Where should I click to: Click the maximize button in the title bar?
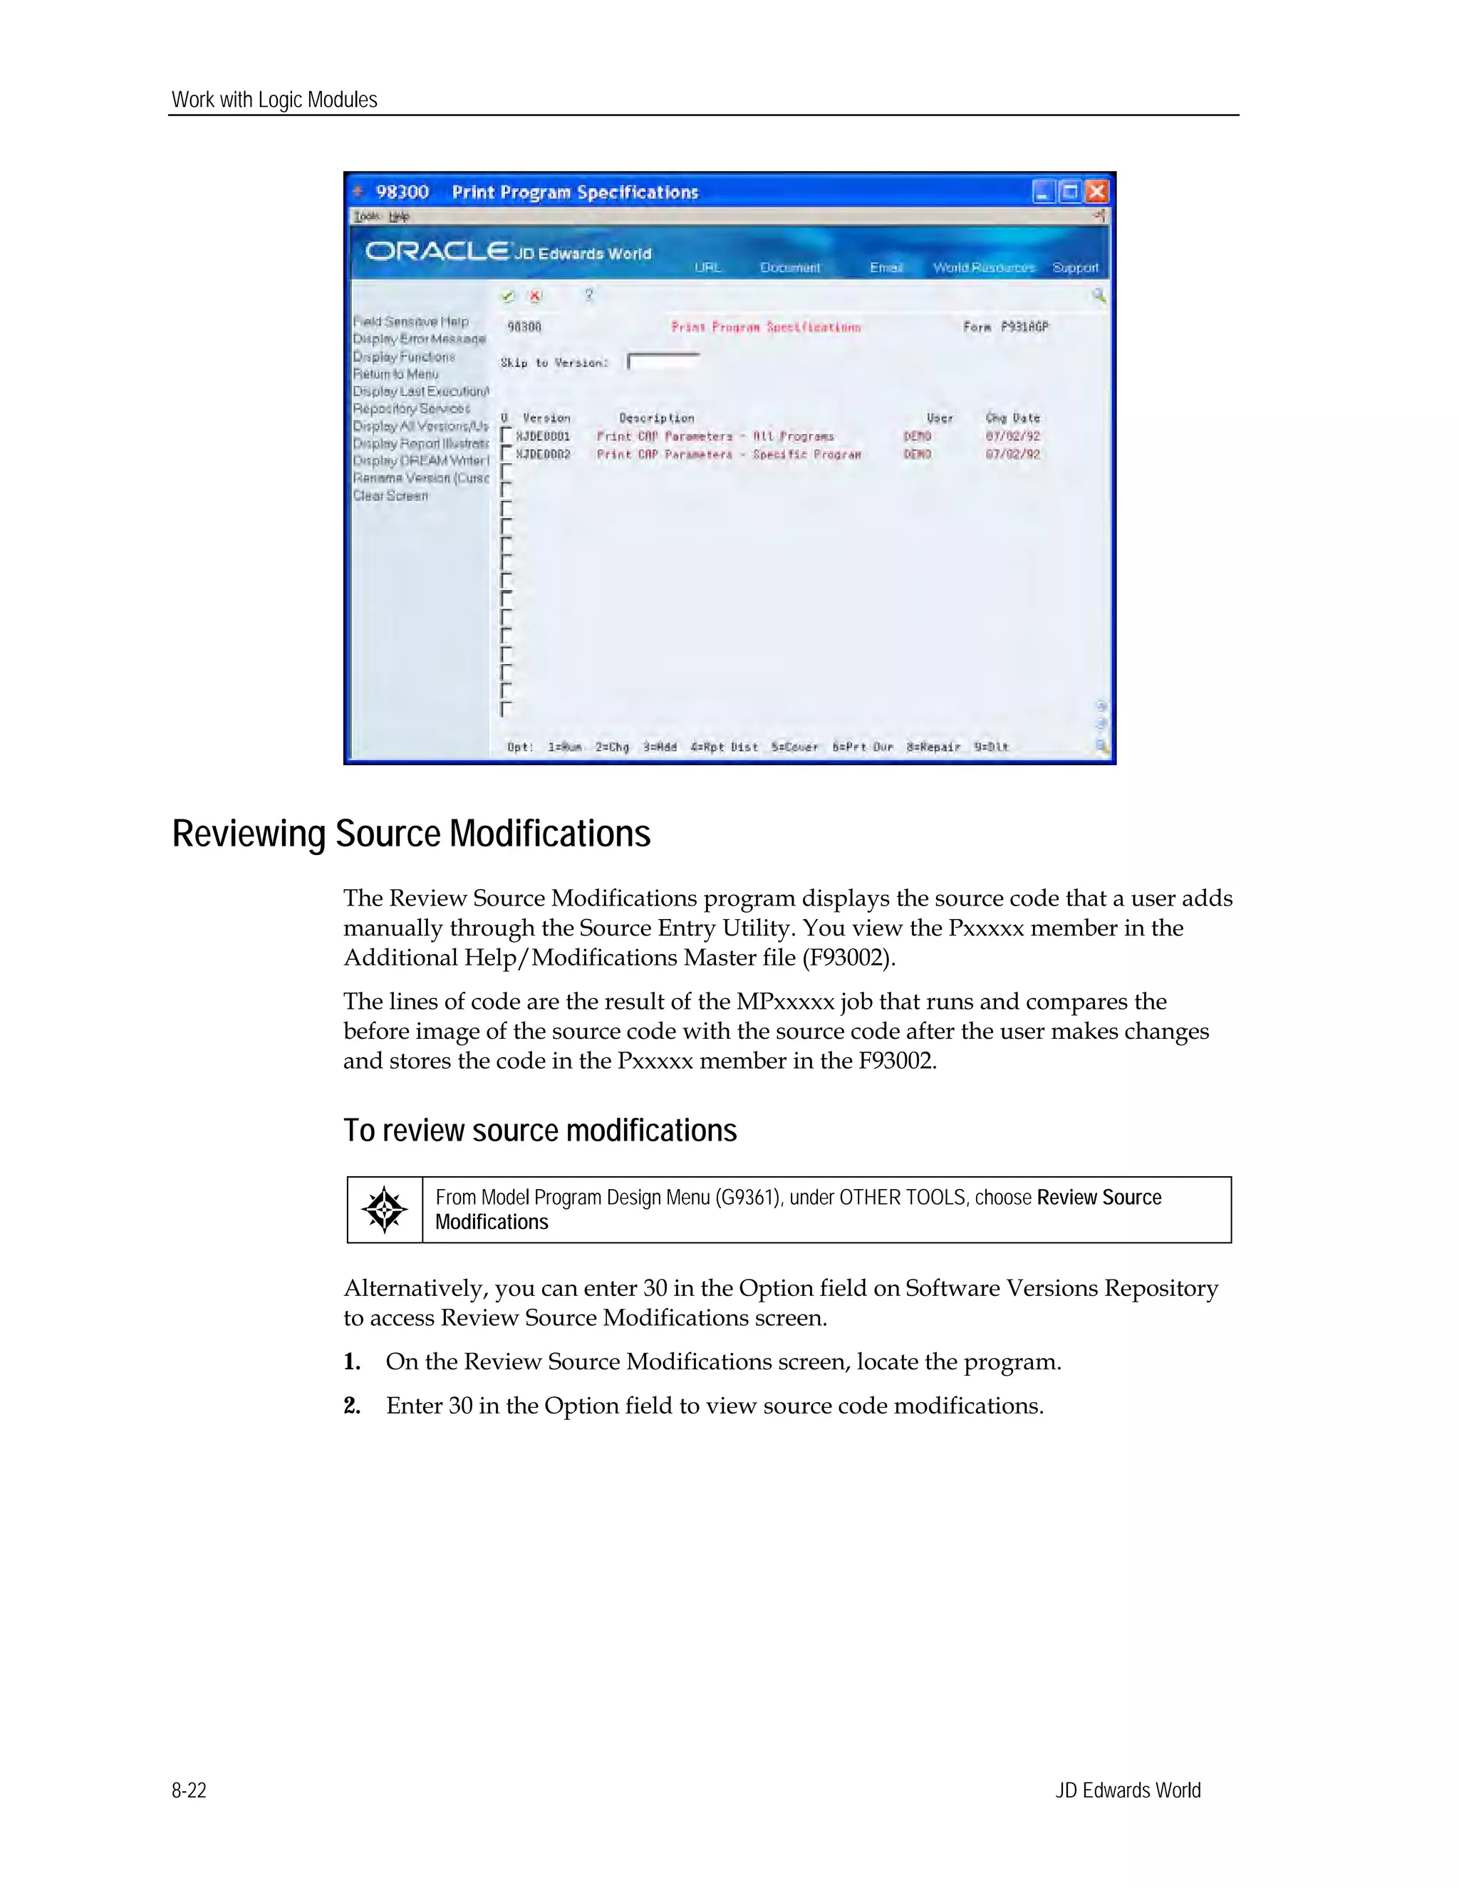coord(1070,192)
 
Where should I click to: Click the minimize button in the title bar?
coord(1044,192)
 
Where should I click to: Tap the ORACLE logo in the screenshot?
coord(437,251)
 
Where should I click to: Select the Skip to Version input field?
coord(663,362)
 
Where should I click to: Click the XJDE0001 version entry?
coord(543,437)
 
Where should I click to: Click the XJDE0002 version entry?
coord(543,455)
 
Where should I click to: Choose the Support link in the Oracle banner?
coord(1074,268)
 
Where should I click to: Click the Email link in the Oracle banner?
coord(886,268)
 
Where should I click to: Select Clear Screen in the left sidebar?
coord(390,495)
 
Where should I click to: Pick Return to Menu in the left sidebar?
coord(396,374)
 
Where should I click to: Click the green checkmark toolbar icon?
coord(507,296)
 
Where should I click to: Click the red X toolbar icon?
coord(535,296)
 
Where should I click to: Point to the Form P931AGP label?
coord(1005,327)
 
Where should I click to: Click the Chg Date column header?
coord(1012,418)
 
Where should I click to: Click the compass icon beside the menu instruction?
coord(384,1210)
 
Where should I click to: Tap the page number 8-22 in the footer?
coord(189,1790)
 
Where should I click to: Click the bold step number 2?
coord(352,1406)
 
